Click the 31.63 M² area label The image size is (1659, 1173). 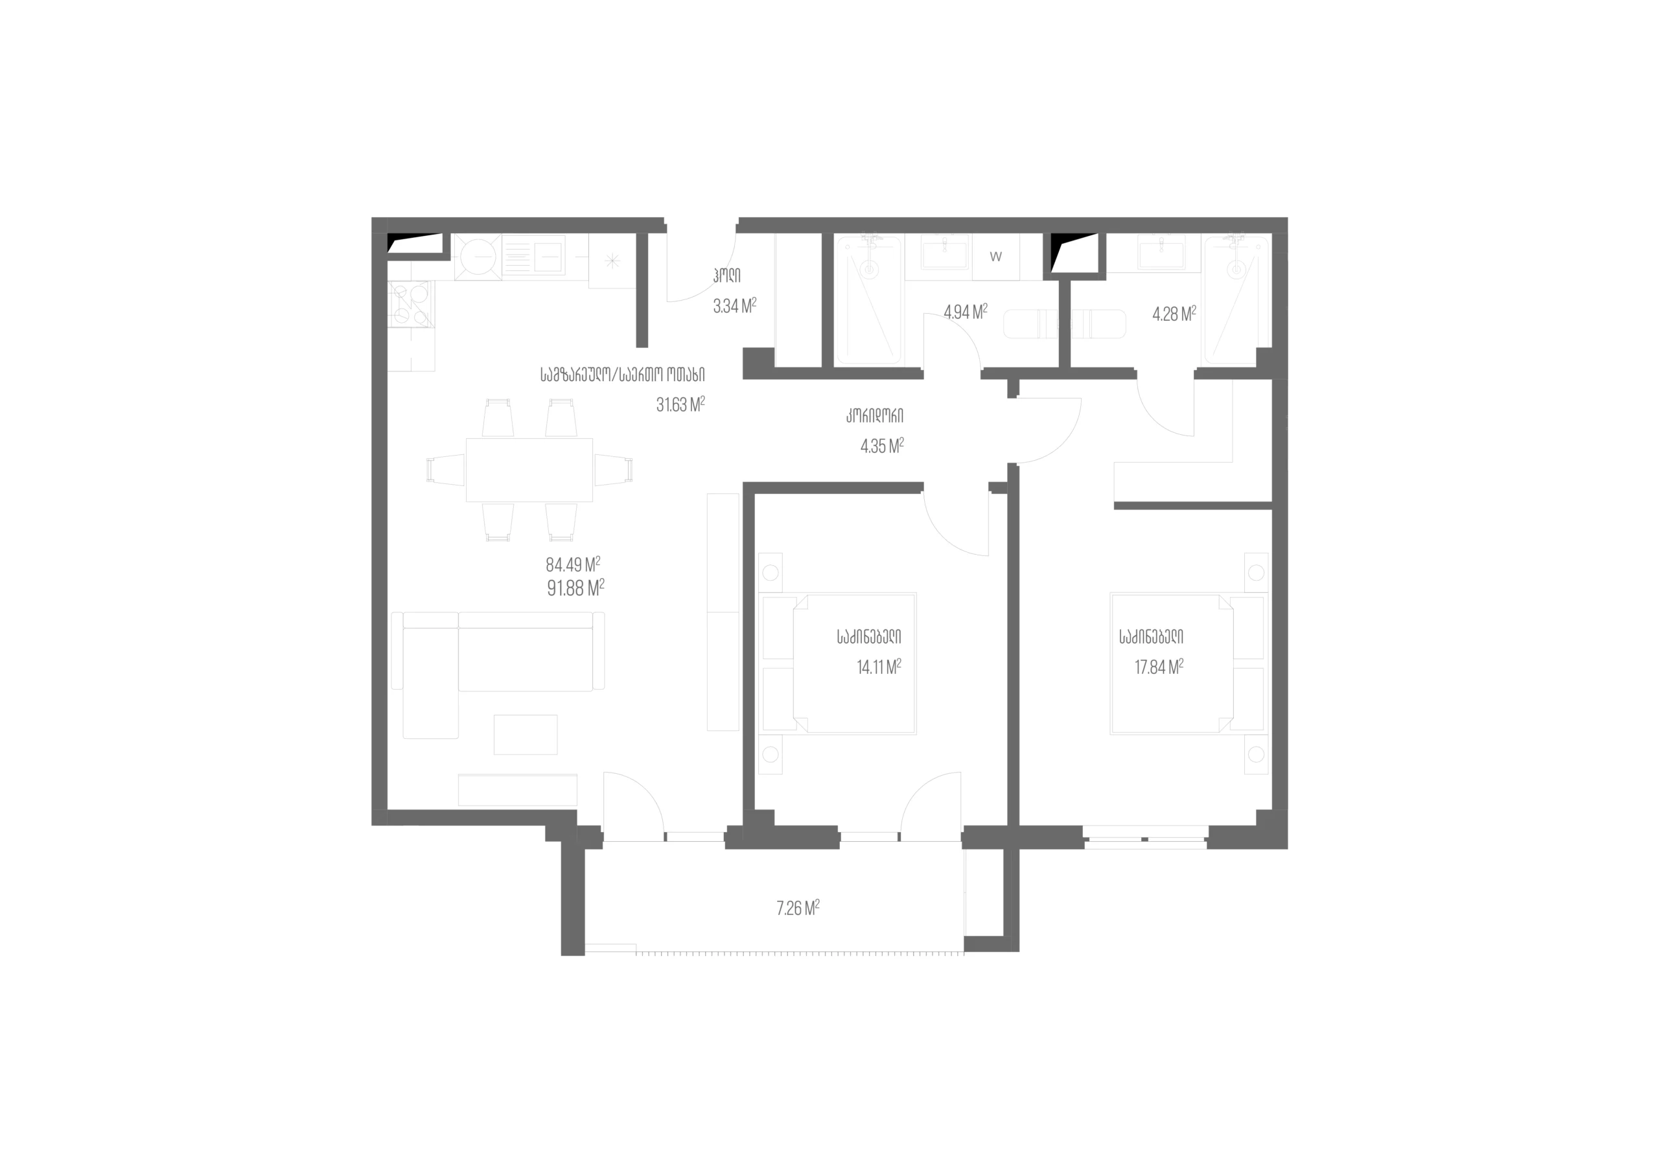click(x=680, y=404)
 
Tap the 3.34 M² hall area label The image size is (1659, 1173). click(x=735, y=306)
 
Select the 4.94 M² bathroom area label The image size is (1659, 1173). click(x=966, y=312)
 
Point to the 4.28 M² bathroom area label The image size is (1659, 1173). click(x=1174, y=314)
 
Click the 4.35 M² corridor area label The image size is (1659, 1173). click(x=882, y=446)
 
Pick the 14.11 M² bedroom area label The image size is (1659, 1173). click(x=879, y=666)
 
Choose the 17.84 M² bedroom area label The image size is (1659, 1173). click(x=1159, y=666)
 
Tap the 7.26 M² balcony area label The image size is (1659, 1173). click(x=798, y=908)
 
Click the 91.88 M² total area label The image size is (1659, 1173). click(x=576, y=588)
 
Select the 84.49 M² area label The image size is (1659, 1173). click(x=573, y=564)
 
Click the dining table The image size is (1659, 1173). click(x=529, y=470)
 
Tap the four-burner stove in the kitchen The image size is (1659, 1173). click(x=411, y=303)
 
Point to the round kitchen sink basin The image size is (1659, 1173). click(x=478, y=256)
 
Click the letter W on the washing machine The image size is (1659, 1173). click(x=995, y=257)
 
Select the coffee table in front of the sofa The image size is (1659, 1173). click(x=526, y=734)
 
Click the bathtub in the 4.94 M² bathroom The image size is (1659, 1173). click(x=868, y=300)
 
